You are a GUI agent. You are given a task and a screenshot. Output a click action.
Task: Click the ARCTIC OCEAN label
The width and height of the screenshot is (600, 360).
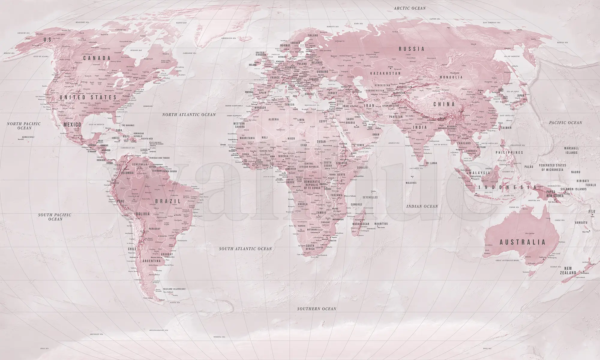click(x=409, y=8)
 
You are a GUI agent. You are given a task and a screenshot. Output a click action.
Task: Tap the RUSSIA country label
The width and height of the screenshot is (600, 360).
click(x=411, y=49)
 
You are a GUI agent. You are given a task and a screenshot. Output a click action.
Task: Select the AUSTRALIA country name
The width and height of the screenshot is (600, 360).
click(x=522, y=242)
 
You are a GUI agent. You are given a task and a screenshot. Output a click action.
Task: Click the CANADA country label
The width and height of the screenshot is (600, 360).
click(x=95, y=58)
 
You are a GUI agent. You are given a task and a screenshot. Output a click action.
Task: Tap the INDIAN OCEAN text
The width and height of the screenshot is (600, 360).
click(x=422, y=206)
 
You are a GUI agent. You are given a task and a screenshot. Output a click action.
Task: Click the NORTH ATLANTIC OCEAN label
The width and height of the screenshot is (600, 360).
click(x=189, y=115)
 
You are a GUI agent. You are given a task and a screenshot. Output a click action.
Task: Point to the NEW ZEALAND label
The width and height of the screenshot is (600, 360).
click(x=568, y=270)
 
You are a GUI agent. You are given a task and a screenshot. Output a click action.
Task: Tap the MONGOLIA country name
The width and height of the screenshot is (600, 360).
click(x=451, y=77)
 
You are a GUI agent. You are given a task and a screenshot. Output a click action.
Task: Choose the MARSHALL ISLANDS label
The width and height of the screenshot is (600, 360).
click(x=571, y=150)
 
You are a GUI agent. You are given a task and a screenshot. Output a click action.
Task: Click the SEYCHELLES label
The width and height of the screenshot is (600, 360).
click(x=370, y=197)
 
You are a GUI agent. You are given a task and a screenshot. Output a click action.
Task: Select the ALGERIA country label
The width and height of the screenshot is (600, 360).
click(x=273, y=119)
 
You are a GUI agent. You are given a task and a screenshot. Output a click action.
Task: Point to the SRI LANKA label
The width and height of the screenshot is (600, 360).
click(x=431, y=163)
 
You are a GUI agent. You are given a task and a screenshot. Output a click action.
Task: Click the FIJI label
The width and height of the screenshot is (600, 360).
click(x=591, y=211)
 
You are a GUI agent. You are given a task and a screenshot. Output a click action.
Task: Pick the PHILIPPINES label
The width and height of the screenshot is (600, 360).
click(x=509, y=152)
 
